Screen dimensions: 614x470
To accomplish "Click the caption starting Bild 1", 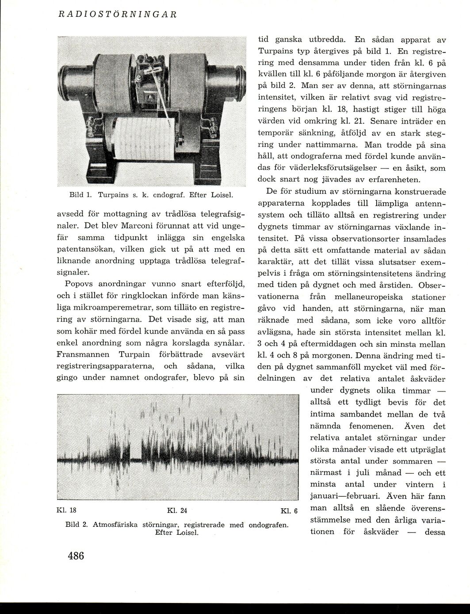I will point(152,194).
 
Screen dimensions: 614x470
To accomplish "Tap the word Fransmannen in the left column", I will point(82,355).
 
